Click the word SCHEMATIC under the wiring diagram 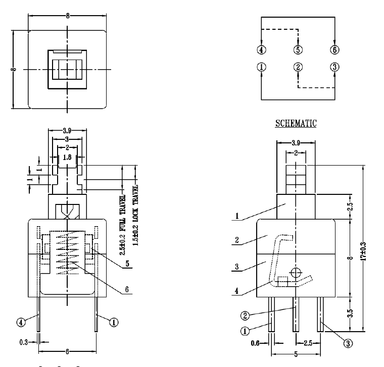[x=296, y=123]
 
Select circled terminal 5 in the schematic [x=298, y=50]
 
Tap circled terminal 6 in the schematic [x=334, y=50]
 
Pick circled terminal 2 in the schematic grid [x=298, y=67]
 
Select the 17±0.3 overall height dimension [x=364, y=251]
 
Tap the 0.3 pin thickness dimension [x=24, y=342]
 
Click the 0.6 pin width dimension [x=255, y=343]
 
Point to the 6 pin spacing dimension [x=67, y=351]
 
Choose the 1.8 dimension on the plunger [x=67, y=157]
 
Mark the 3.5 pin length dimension [x=351, y=313]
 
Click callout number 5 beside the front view [x=127, y=264]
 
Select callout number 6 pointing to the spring [x=127, y=289]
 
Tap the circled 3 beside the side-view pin [x=348, y=343]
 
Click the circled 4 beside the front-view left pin [x=21, y=322]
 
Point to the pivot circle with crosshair [x=296, y=273]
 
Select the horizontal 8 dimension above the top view [x=67, y=16]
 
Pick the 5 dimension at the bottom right [x=296, y=354]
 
